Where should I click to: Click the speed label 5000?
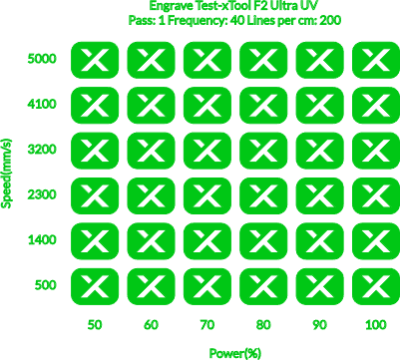pyautogui.click(x=42, y=59)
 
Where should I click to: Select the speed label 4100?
pyautogui.click(x=42, y=105)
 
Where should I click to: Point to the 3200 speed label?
pyautogui.click(x=42, y=150)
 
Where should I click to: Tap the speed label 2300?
pyautogui.click(x=42, y=194)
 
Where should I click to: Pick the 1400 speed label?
pyautogui.click(x=42, y=240)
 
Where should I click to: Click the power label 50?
pyautogui.click(x=95, y=325)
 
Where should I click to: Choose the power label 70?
pyautogui.click(x=207, y=325)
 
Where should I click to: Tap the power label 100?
pyautogui.click(x=376, y=325)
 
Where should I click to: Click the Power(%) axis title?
pyautogui.click(x=234, y=353)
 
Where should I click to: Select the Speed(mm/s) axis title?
pyautogui.click(x=7, y=174)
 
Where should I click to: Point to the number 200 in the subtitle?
pyautogui.click(x=330, y=21)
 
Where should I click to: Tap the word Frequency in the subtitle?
pyautogui.click(x=196, y=21)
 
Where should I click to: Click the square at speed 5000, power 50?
pyautogui.click(x=95, y=60)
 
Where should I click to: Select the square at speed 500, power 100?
pyautogui.click(x=376, y=286)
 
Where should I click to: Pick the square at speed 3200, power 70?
pyautogui.click(x=207, y=151)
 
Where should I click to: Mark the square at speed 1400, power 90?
pyautogui.click(x=320, y=241)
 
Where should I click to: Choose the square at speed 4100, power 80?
pyautogui.click(x=263, y=106)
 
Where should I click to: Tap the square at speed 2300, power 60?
pyautogui.click(x=151, y=195)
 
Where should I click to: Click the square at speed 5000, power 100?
pyautogui.click(x=376, y=60)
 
